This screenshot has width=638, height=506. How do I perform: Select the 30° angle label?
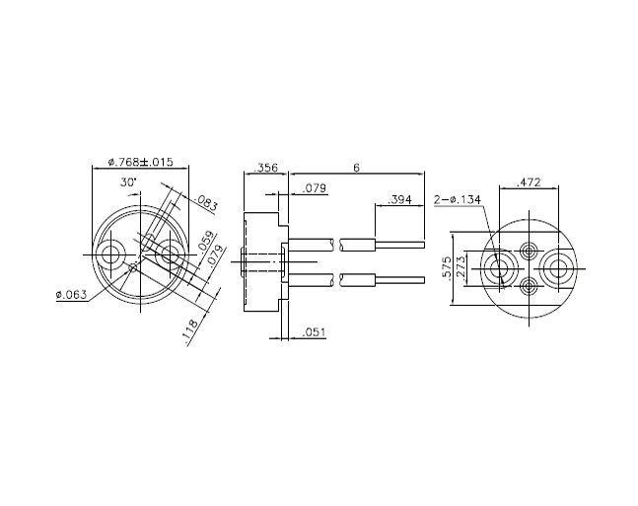pyautogui.click(x=129, y=182)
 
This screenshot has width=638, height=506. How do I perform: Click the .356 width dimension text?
pyautogui.click(x=265, y=169)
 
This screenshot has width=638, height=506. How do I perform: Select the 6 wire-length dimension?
pyautogui.click(x=356, y=169)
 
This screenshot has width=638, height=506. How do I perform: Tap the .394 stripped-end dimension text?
pyautogui.click(x=399, y=199)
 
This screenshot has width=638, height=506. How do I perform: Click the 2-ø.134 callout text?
pyautogui.click(x=457, y=199)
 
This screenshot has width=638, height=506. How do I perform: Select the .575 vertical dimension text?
pyautogui.click(x=447, y=267)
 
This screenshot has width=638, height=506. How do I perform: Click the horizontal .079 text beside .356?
pyautogui.click(x=315, y=187)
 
